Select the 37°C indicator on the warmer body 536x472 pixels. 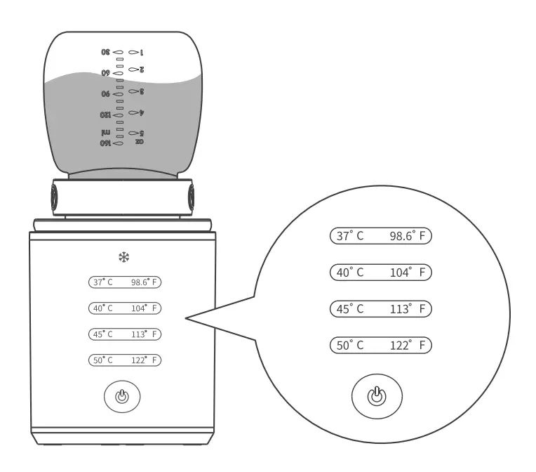coord(103,282)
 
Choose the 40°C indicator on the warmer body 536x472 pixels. coord(103,308)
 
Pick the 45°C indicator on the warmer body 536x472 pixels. coord(103,334)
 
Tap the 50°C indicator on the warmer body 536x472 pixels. coord(103,360)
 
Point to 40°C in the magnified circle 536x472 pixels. coord(350,273)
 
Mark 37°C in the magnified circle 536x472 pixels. coord(350,237)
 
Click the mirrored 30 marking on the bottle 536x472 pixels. coord(106,52)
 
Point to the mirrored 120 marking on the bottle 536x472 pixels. coord(106,114)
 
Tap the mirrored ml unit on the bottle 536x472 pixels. coord(106,131)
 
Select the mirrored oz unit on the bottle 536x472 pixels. coord(139,141)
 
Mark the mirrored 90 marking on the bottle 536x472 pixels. coord(106,93)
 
